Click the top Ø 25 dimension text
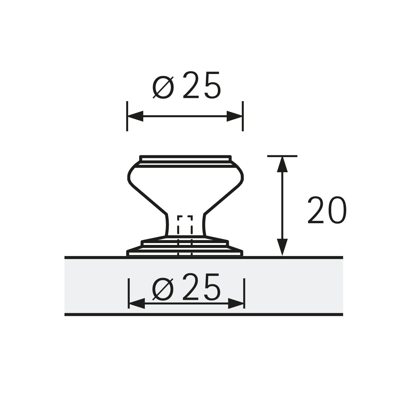pyautogui.click(x=186, y=85)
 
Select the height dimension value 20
pyautogui.click(x=326, y=210)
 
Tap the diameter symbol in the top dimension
pyautogui.click(x=163, y=87)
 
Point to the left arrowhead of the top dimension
pyautogui.click(x=135, y=116)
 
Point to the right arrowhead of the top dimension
pyautogui.click(x=234, y=116)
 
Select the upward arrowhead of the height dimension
pyautogui.click(x=282, y=164)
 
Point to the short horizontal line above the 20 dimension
pyautogui.click(x=282, y=156)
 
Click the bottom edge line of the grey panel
pyautogui.click(x=203, y=314)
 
